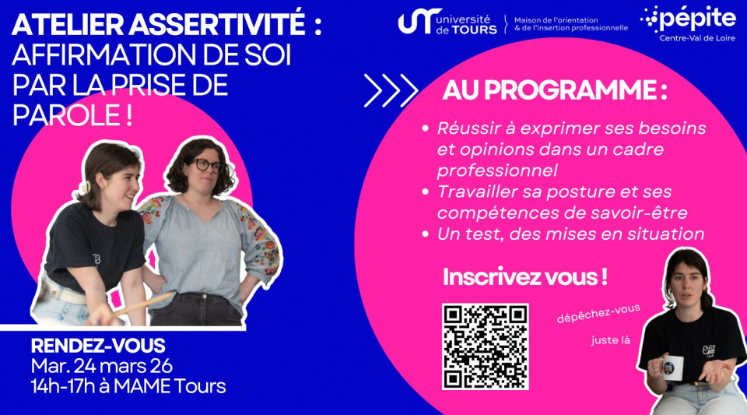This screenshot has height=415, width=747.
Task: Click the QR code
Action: click(x=486, y=346)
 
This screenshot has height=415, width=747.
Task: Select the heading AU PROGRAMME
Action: click(x=555, y=90)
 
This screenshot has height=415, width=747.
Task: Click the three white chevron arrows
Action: click(x=391, y=90)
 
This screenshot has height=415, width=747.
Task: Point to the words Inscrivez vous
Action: click(x=524, y=277)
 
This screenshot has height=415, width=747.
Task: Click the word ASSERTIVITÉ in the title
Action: click(x=217, y=24)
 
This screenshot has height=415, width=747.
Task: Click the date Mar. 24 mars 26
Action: click(x=101, y=366)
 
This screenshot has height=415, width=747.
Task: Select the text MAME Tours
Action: click(x=170, y=386)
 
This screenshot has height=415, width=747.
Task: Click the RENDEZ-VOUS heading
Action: click(x=98, y=346)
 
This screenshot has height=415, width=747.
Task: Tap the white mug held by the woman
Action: click(x=672, y=368)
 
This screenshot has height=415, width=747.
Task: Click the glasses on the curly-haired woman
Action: click(x=209, y=165)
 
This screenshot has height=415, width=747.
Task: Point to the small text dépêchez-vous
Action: click(x=598, y=314)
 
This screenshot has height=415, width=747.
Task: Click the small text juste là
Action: click(x=611, y=340)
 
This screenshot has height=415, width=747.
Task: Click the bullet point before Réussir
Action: click(x=426, y=128)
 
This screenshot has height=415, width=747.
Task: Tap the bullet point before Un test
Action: click(x=426, y=234)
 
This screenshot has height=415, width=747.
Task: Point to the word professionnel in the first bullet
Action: click(x=497, y=171)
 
